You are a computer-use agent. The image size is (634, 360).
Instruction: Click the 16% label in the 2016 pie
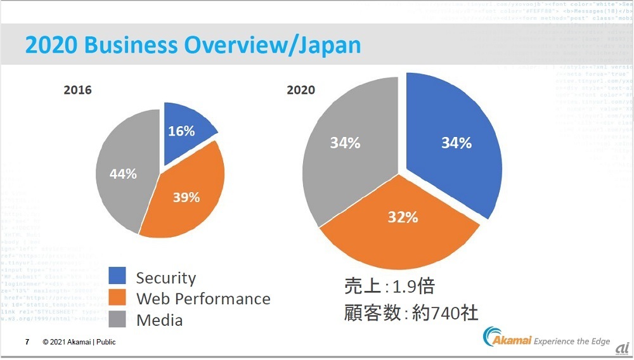click(x=181, y=131)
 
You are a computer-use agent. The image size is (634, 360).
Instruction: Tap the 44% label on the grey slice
click(x=123, y=173)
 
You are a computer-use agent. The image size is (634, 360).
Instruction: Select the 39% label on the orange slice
click(x=186, y=197)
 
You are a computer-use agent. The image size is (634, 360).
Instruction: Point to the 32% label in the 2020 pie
click(x=403, y=217)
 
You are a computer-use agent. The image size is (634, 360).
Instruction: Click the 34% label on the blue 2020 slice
click(x=456, y=143)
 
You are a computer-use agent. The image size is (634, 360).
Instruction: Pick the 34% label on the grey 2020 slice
click(x=345, y=143)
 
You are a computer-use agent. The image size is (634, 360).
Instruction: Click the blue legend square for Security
click(x=118, y=276)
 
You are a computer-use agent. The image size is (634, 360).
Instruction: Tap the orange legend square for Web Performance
click(x=118, y=298)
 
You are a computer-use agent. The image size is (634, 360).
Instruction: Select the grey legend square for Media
click(x=118, y=319)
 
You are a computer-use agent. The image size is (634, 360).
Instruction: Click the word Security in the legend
click(x=166, y=278)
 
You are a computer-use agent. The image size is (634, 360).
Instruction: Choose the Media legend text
click(x=159, y=320)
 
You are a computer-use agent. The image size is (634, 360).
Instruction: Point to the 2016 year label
click(x=78, y=90)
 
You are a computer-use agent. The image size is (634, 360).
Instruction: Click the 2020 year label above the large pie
click(x=301, y=90)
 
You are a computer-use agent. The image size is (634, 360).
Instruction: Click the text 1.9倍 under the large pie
click(x=412, y=286)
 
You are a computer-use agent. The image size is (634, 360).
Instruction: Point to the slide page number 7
click(x=27, y=342)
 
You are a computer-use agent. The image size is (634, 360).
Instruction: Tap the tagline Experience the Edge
click(x=572, y=342)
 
